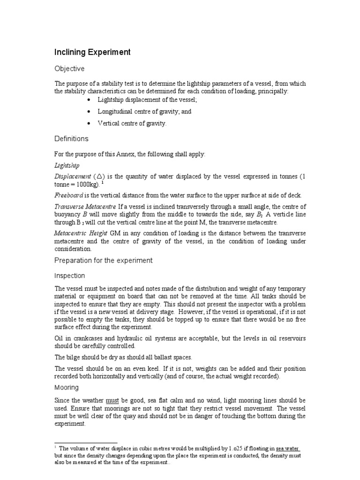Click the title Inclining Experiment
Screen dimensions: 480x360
92,52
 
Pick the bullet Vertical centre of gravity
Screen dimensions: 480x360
132,123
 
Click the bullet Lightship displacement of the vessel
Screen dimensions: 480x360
147,100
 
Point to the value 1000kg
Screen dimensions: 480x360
98,184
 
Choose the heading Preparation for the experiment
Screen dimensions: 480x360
104,260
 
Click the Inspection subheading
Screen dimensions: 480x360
70,276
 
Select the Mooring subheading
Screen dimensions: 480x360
67,388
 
